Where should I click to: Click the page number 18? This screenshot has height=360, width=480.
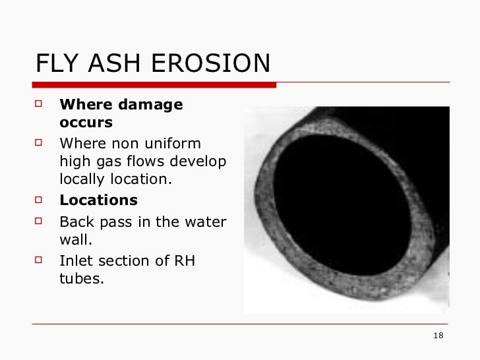pos(438,337)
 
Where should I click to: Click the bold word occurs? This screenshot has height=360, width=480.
pos(86,123)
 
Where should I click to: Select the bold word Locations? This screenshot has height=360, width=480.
pos(99,200)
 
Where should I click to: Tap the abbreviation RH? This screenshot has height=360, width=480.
pos(184,260)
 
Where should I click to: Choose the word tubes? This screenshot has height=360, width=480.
pos(82,278)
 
